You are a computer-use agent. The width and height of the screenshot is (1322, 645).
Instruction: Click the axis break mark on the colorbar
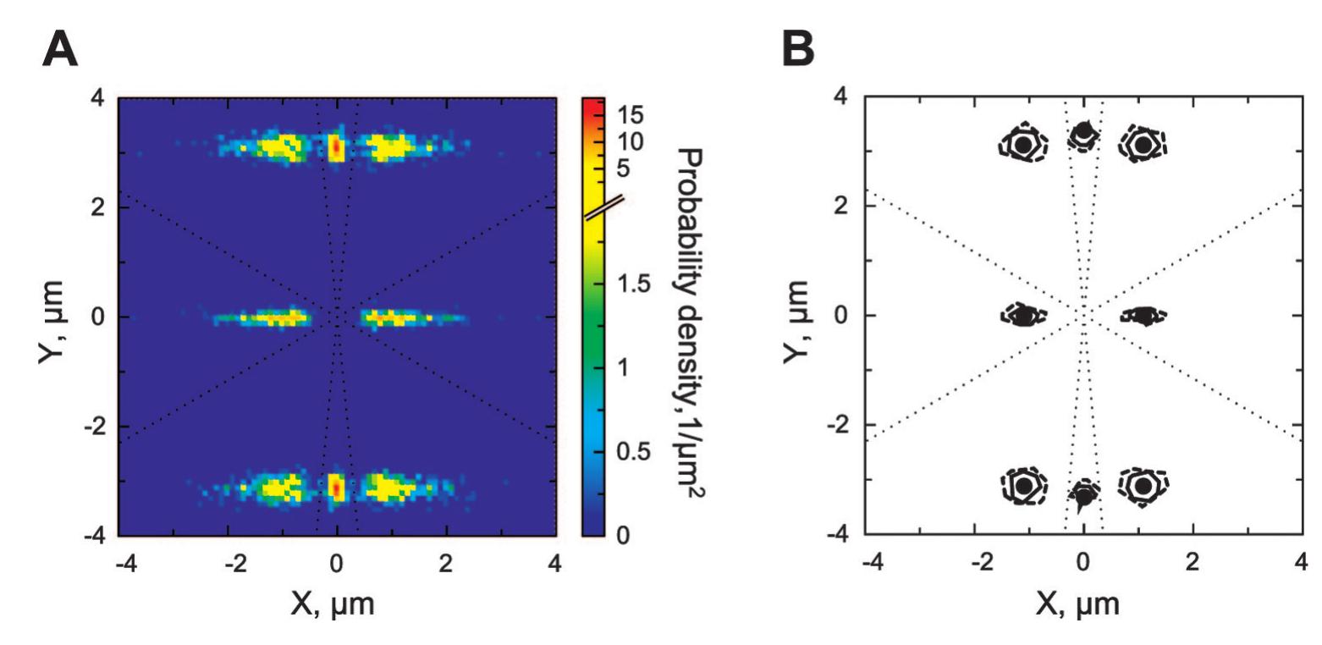click(603, 207)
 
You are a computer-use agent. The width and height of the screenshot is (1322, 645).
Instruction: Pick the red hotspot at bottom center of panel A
click(337, 488)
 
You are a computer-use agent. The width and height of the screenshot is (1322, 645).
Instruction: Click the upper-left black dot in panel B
click(1023, 145)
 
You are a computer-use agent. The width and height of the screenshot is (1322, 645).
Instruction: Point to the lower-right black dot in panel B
click(1143, 486)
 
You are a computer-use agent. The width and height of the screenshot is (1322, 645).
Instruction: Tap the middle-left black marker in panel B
click(1023, 316)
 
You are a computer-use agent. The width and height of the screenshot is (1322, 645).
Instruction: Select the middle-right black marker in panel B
click(1144, 316)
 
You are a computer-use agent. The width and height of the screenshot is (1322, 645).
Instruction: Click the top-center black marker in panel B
click(1084, 132)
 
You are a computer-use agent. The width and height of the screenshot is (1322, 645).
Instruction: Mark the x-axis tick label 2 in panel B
click(1193, 562)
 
